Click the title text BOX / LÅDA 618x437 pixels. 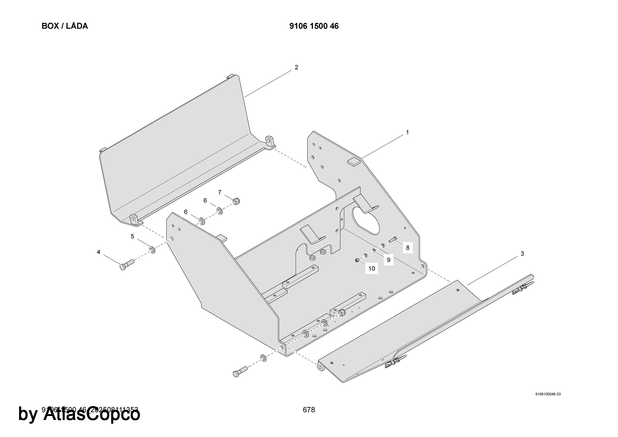(65, 26)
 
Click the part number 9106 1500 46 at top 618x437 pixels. (314, 26)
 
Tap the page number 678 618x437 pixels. (309, 410)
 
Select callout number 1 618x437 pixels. (407, 133)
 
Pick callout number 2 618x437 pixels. (296, 67)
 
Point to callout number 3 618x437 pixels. (522, 254)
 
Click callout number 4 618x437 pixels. (99, 252)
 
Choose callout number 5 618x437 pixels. (132, 236)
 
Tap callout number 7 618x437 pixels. (220, 193)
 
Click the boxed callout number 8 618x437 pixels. (408, 248)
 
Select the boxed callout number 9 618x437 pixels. (388, 260)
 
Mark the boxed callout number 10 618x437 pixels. (371, 268)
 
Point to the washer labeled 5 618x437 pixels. (152, 249)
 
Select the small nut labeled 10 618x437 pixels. (357, 261)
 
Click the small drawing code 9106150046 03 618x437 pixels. (548, 394)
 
